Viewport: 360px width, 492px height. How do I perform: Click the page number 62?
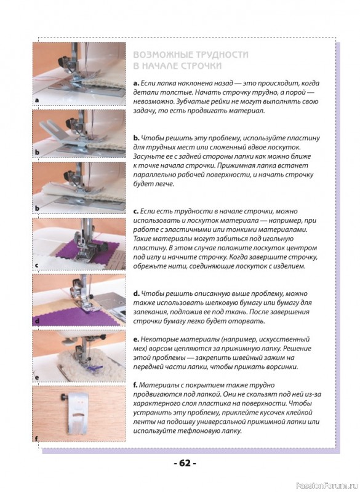click(185, 463)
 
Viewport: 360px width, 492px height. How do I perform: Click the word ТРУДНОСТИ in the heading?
click(222, 55)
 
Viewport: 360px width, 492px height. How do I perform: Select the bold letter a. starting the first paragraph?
click(136, 84)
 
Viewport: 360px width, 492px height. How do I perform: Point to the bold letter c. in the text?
click(136, 211)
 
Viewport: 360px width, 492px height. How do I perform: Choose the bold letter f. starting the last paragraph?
click(135, 385)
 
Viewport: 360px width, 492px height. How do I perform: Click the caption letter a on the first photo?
click(37, 100)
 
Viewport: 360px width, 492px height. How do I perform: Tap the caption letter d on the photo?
click(37, 321)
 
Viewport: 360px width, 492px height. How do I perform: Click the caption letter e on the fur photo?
click(37, 378)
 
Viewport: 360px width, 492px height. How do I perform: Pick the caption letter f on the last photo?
click(37, 438)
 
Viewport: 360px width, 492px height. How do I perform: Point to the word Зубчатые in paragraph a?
click(191, 102)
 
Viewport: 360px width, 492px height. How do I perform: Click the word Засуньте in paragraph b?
click(147, 156)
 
